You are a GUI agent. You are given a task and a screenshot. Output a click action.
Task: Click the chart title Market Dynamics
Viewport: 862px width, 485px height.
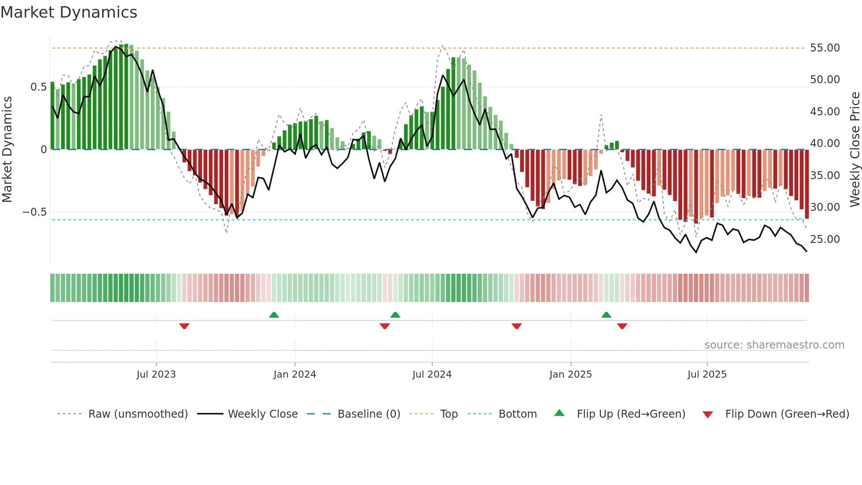coord(69,12)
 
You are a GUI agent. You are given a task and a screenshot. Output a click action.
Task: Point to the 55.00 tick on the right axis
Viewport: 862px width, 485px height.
coord(825,48)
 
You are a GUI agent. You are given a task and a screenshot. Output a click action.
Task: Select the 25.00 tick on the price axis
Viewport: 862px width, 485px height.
coord(825,239)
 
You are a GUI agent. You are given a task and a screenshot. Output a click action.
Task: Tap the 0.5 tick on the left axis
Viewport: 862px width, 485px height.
coord(39,87)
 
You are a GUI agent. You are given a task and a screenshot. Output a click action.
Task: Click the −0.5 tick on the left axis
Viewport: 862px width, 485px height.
coord(35,212)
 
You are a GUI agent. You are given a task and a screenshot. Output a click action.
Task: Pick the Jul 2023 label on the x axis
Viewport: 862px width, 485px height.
coord(156,375)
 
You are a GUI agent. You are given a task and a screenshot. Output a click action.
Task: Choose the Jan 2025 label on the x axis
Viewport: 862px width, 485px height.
coord(570,375)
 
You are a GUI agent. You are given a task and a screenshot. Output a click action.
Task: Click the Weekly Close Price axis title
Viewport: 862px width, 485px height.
coord(855,149)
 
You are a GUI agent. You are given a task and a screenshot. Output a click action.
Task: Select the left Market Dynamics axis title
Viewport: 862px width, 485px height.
coord(7,149)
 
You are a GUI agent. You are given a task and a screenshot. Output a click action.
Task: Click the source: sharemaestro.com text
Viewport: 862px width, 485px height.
coord(774,345)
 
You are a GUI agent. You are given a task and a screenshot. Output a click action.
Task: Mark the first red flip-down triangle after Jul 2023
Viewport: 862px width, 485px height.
coord(184,326)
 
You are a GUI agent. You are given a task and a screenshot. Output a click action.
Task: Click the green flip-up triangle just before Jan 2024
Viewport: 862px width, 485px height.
coord(274,315)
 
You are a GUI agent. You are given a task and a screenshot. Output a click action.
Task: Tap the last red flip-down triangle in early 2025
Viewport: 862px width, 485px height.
coord(622,326)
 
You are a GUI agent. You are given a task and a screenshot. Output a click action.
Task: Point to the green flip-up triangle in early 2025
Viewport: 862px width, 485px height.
coord(606,315)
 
